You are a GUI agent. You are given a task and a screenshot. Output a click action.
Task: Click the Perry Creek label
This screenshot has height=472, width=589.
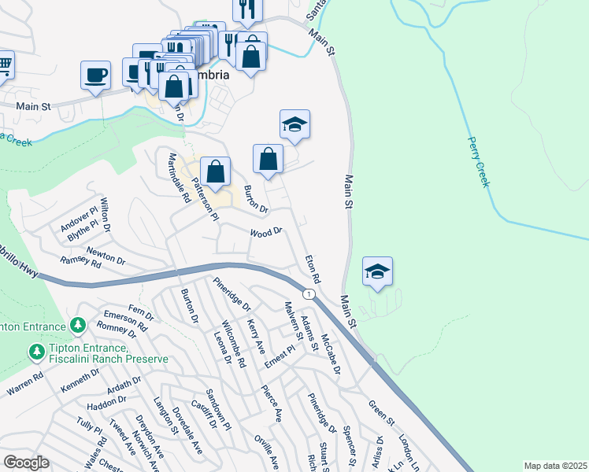[x=480, y=162]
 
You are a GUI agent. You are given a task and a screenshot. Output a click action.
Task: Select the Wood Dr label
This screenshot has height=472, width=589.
[x=266, y=233]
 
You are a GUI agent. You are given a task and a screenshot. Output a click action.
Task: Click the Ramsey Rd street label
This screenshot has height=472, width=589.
[x=80, y=263]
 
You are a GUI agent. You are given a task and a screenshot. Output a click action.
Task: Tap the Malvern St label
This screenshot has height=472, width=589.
[x=294, y=323]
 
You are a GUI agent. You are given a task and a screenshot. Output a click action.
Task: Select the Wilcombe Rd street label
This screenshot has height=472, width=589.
[x=235, y=351]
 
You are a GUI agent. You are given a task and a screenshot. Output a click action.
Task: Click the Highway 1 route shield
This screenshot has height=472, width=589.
[x=311, y=294]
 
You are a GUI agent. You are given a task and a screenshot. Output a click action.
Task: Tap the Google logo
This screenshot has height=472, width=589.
[x=26, y=463]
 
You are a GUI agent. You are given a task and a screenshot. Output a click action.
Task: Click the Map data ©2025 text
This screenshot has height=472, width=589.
[x=556, y=466]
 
